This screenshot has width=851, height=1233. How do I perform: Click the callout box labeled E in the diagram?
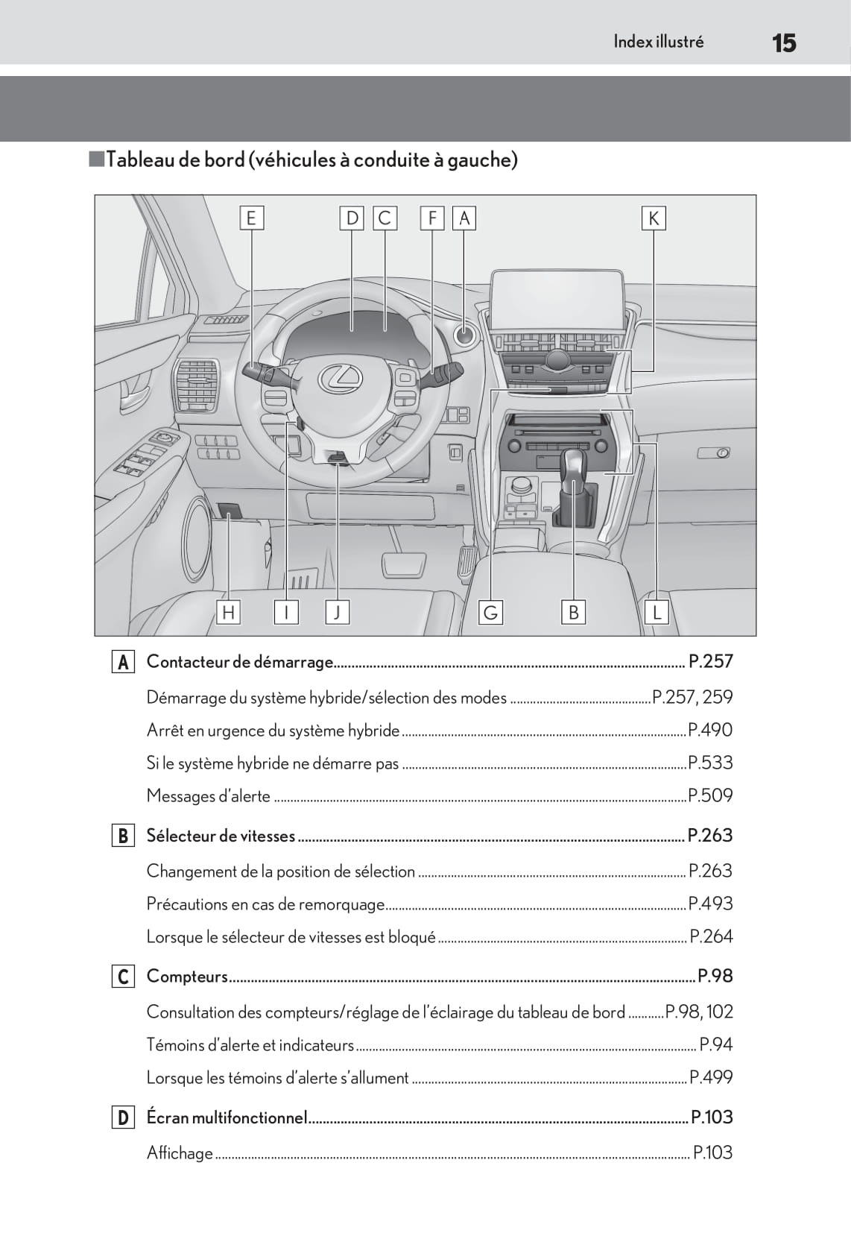[x=251, y=218]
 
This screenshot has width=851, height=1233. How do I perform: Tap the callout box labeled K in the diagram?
[x=654, y=218]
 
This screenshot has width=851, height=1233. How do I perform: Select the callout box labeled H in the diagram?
[x=228, y=612]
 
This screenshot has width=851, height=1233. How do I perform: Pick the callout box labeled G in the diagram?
[x=490, y=612]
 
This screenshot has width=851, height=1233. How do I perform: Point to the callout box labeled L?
[x=657, y=612]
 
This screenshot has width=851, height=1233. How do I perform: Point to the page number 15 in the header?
[x=784, y=43]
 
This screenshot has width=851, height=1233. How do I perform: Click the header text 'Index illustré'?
[x=658, y=42]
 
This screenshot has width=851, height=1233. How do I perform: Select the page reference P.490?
[x=710, y=730]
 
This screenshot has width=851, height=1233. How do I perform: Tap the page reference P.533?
[x=710, y=763]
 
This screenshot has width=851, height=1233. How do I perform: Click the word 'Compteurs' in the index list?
[x=187, y=976]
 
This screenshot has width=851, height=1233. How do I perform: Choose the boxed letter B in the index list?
[x=122, y=836]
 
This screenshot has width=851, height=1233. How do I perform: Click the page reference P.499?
[x=711, y=1077]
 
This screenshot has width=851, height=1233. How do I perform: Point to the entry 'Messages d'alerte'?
[x=209, y=795]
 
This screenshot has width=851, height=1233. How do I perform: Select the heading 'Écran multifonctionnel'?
[x=227, y=1117]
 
